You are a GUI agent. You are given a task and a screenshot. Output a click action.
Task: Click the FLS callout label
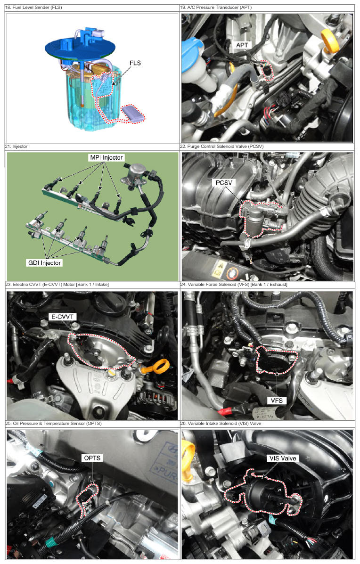(x=135, y=63)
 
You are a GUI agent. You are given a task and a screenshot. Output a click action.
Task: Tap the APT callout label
(x=242, y=45)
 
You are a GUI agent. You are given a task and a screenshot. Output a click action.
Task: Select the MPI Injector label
(x=106, y=157)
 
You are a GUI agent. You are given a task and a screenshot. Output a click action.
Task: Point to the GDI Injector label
(x=45, y=263)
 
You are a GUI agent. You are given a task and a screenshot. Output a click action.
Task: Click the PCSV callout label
(x=224, y=183)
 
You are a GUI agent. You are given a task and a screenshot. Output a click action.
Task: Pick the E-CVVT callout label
(x=63, y=317)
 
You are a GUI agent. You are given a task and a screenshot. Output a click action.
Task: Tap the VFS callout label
(x=277, y=401)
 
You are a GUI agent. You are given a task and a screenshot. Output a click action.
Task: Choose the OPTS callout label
(x=92, y=458)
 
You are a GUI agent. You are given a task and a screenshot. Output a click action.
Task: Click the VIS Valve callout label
(x=283, y=458)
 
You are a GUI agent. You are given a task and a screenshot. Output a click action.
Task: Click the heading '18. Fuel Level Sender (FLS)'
(x=33, y=8)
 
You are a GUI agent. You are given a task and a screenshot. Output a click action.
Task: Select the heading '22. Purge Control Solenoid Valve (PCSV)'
(x=222, y=147)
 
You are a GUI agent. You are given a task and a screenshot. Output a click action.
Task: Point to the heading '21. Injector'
(x=16, y=147)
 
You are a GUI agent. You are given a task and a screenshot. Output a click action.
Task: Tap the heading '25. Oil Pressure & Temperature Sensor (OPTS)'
(x=54, y=424)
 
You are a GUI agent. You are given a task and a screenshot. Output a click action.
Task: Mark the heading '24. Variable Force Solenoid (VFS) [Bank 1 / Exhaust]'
(x=234, y=285)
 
